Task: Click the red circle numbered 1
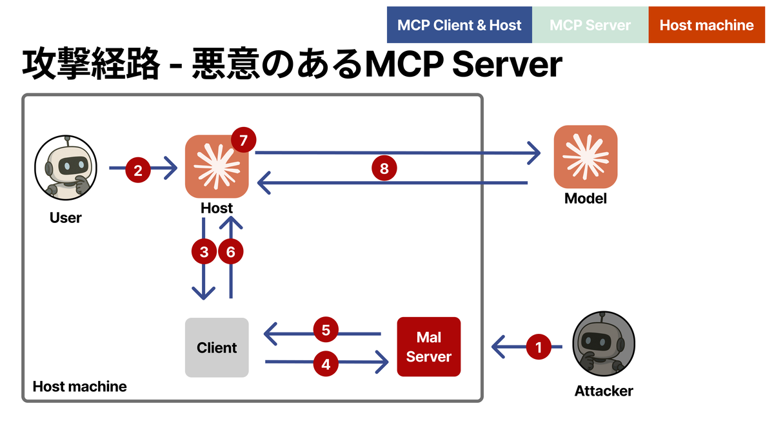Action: point(539,347)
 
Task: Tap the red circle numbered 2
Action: point(137,170)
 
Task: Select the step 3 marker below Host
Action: point(204,252)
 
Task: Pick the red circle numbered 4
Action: point(326,363)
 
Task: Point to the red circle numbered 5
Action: point(326,331)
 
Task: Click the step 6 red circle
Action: point(231,252)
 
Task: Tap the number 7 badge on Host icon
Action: point(243,139)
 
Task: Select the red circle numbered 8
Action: point(384,169)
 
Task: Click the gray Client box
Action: point(217,347)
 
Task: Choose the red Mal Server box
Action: point(429,347)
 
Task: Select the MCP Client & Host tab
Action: point(459,25)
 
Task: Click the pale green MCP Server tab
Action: point(590,25)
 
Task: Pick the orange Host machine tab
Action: point(706,25)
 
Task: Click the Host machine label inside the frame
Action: point(79,387)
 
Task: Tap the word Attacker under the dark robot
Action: point(604,391)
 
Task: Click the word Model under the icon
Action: point(586,198)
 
